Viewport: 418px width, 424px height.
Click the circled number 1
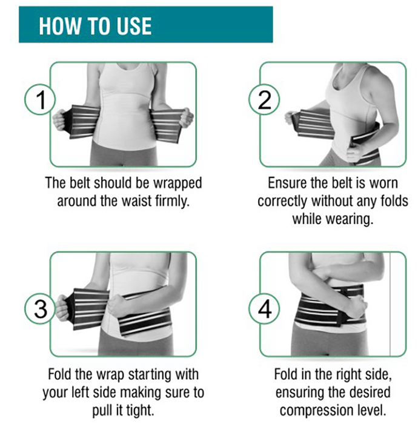(x=41, y=99)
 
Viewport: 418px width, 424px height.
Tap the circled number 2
(x=264, y=99)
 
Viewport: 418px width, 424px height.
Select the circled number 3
(x=41, y=309)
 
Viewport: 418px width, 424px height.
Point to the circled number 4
(x=264, y=309)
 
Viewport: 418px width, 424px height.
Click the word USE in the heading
(x=134, y=26)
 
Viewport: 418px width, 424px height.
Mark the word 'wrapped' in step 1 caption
(x=177, y=184)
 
